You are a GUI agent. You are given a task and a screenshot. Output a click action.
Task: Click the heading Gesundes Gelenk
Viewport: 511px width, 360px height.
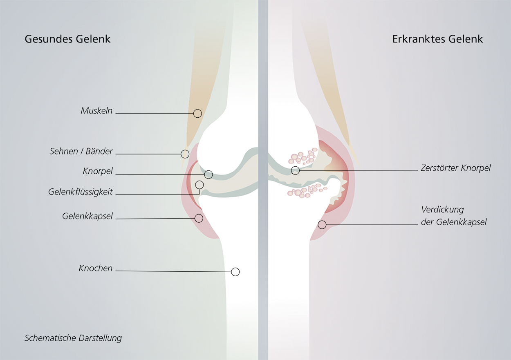coord(67,39)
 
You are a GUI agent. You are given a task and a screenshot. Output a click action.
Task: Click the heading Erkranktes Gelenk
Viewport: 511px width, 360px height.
coord(437,39)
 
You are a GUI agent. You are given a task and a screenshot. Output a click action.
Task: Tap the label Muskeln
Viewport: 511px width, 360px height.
coord(96,111)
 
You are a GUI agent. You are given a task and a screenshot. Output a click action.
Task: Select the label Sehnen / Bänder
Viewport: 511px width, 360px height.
coord(81,151)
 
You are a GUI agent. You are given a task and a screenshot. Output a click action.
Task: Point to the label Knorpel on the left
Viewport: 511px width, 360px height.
coord(98,171)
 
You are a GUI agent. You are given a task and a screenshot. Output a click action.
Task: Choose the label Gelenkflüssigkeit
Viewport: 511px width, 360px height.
coord(80,192)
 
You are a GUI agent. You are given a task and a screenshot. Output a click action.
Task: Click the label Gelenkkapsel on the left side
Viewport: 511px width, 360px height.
coord(87,216)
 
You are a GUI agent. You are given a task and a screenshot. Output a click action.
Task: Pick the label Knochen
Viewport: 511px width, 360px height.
coord(96,268)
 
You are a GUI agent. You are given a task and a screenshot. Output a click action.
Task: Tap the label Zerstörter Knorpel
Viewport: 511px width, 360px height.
coord(455,168)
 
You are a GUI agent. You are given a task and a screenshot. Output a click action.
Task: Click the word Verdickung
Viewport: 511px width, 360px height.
coord(442,210)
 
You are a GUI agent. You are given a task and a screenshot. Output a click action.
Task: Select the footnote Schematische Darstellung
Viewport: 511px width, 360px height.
coord(73,338)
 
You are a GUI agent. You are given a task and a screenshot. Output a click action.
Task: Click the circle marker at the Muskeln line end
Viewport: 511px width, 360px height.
coord(197,113)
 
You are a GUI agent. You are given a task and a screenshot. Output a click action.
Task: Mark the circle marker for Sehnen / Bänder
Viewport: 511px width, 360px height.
coord(185,154)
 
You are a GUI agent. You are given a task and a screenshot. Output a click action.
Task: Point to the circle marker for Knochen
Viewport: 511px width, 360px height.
coord(235,272)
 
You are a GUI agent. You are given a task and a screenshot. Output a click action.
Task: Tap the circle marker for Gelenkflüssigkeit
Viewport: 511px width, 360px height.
coord(199,185)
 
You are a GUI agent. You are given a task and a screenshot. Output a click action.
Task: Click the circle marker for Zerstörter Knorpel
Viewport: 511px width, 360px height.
coord(296,170)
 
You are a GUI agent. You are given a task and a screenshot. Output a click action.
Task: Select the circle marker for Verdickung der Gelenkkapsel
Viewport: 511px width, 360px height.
coord(322,225)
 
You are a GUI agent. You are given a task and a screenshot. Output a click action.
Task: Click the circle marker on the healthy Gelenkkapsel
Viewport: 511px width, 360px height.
coord(199,218)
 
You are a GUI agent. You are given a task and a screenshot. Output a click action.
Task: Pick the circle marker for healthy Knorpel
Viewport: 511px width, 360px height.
coord(208,174)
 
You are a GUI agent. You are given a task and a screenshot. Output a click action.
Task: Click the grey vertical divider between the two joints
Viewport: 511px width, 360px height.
coord(263,180)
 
